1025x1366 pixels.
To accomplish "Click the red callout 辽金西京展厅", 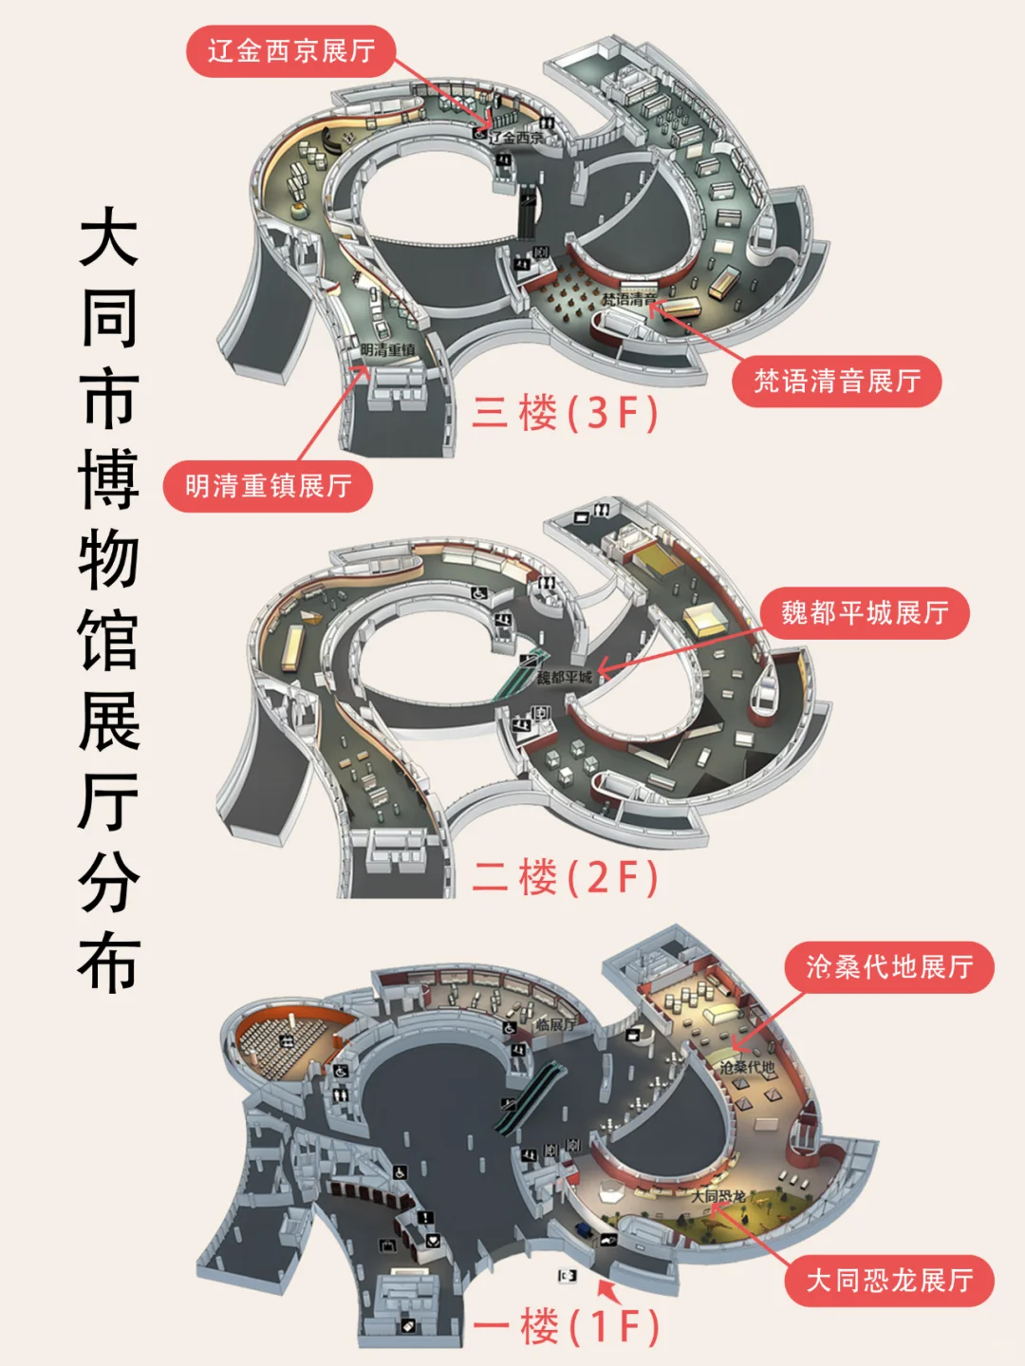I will pyautogui.click(x=290, y=50).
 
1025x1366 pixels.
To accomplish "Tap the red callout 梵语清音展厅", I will pyautogui.click(x=836, y=382).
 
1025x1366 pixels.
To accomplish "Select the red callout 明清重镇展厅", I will pyautogui.click(x=268, y=486).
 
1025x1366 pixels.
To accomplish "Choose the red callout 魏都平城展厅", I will pyautogui.click(x=865, y=613).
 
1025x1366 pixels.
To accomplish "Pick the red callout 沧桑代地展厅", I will pyautogui.click(x=888, y=967).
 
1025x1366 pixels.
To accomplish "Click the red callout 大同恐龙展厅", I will pyautogui.click(x=888, y=1281).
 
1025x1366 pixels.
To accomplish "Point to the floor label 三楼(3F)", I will pyautogui.click(x=566, y=413).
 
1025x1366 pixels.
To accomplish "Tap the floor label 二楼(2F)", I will pyautogui.click(x=566, y=876).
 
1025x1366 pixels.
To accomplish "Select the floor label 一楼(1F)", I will pyautogui.click(x=566, y=1325).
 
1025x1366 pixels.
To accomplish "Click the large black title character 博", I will pyautogui.click(x=109, y=479).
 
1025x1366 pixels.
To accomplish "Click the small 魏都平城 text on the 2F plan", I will pyautogui.click(x=564, y=677).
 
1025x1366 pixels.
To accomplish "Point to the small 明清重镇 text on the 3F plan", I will pyautogui.click(x=388, y=350).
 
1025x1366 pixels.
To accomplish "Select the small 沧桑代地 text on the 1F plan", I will pyautogui.click(x=747, y=1067).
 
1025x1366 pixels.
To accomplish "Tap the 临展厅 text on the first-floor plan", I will pyautogui.click(x=555, y=1024).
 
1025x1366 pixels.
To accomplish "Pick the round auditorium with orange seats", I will pyautogui.click(x=286, y=1041).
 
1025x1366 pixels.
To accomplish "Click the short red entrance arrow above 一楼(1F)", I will pyautogui.click(x=607, y=1290).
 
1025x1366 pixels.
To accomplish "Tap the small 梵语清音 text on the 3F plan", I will pyautogui.click(x=627, y=300).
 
